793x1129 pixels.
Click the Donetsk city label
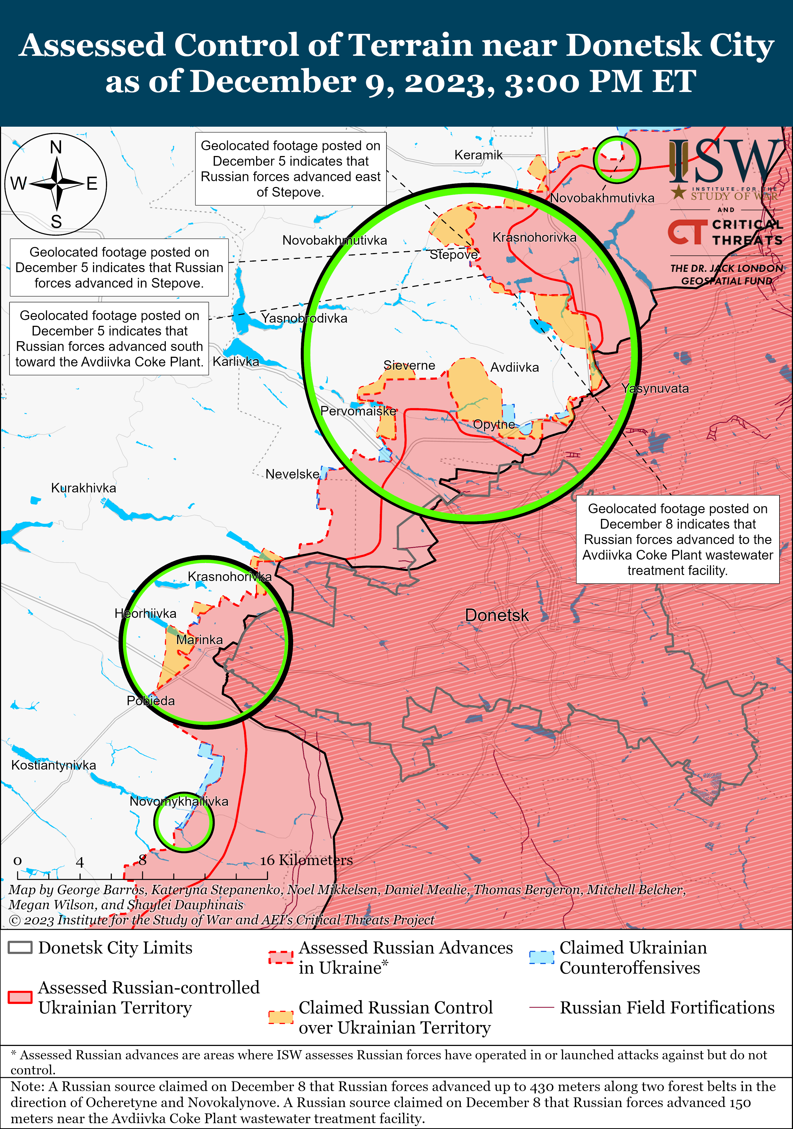click(x=496, y=615)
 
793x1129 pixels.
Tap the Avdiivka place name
click(x=514, y=367)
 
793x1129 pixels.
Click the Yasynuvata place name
click(x=655, y=388)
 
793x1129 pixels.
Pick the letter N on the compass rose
click(x=56, y=147)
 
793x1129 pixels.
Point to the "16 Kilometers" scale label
click(x=306, y=860)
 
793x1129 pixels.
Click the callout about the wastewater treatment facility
click(x=677, y=540)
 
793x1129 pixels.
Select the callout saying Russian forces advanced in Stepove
click(x=119, y=267)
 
